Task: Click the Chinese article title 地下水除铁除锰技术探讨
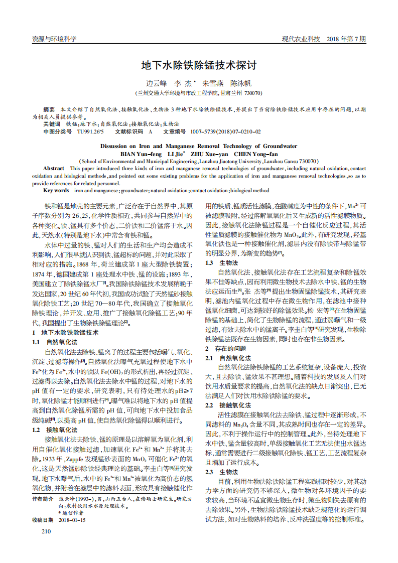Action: pyautogui.click(x=199, y=66)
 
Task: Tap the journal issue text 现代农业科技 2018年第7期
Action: pyautogui.click(x=323, y=39)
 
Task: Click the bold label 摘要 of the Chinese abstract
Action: pyautogui.click(x=49, y=109)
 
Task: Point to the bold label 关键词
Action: pyautogui.click(x=51, y=123)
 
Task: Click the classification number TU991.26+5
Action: pyautogui.click(x=90, y=131)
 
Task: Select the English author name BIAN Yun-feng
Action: pyautogui.click(x=141, y=154)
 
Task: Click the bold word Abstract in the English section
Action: pyautogui.click(x=54, y=169)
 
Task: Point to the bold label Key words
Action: pyautogui.click(x=56, y=191)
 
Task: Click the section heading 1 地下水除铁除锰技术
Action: pyautogui.click(x=65, y=333)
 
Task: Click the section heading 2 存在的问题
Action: pyautogui.click(x=225, y=348)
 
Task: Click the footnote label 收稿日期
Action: pyautogui.click(x=43, y=520)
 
